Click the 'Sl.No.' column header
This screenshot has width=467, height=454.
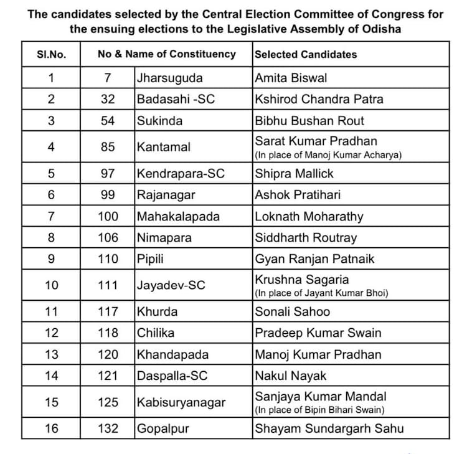point(51,54)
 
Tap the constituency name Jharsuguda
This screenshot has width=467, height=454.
point(165,78)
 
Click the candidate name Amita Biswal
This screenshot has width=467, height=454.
point(291,78)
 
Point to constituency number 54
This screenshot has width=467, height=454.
point(108,121)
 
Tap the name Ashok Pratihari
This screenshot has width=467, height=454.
point(298,195)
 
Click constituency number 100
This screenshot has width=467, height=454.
point(108,217)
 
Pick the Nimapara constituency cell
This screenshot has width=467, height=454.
point(164,238)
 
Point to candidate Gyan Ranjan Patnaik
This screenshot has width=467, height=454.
point(315,259)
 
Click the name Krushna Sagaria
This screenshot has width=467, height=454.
point(302,280)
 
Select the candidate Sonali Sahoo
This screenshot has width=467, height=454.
point(293,312)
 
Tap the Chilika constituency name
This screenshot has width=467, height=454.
point(156,333)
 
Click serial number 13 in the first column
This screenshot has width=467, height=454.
point(51,354)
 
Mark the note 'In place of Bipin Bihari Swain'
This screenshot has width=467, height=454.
point(320,410)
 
